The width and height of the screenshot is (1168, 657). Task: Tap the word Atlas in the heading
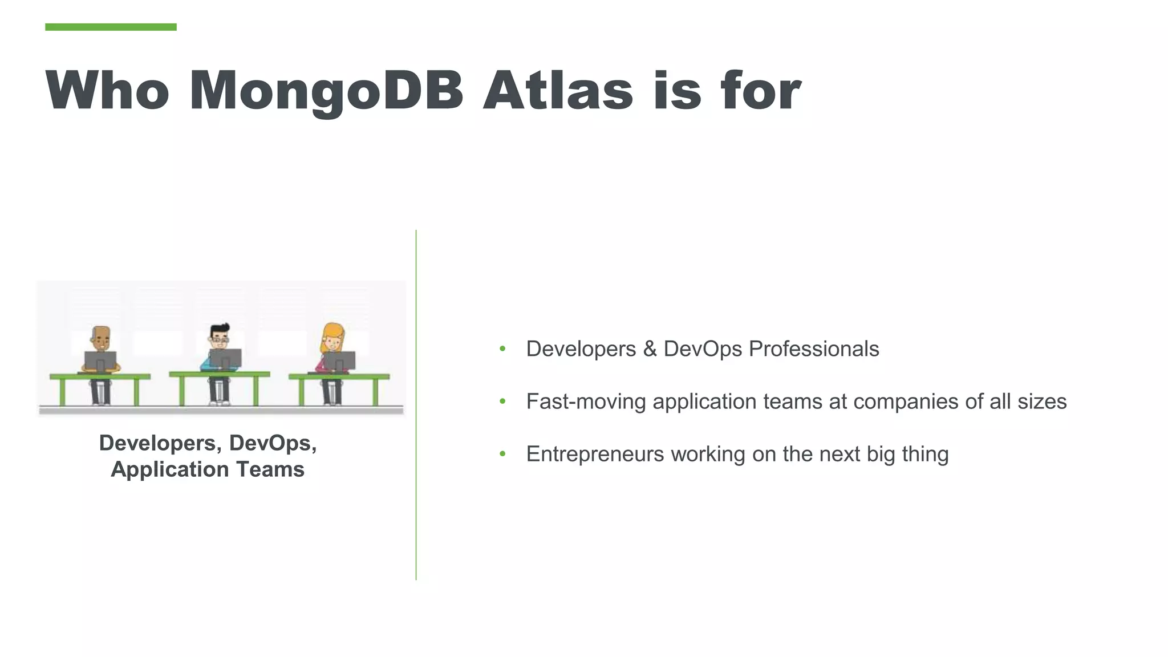click(x=558, y=91)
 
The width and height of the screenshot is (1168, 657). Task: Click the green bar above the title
click(x=111, y=27)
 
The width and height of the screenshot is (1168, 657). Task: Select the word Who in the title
click(x=107, y=91)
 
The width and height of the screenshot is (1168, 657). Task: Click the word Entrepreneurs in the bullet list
click(x=595, y=455)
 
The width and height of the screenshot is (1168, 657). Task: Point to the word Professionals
click(x=813, y=349)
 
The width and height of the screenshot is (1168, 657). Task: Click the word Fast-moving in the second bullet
click(x=586, y=401)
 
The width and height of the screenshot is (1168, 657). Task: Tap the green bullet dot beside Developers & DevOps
click(x=502, y=349)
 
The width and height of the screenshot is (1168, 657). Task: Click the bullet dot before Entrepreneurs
click(x=502, y=455)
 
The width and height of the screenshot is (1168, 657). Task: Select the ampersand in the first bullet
click(x=650, y=349)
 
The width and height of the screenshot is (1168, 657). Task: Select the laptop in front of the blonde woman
click(x=340, y=361)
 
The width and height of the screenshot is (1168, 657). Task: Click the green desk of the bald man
click(x=100, y=376)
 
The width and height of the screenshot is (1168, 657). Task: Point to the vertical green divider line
click(x=416, y=405)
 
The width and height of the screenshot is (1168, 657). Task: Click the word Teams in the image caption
click(x=270, y=469)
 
